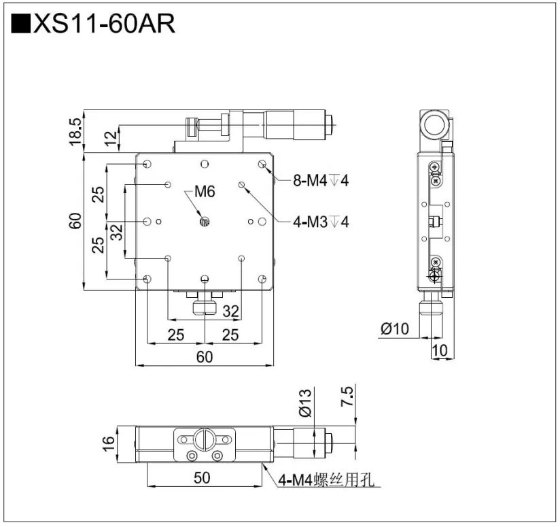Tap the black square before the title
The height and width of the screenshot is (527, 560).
pyautogui.click(x=20, y=24)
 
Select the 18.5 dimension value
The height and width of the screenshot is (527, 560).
pyautogui.click(x=75, y=131)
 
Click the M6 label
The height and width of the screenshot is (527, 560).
pyautogui.click(x=205, y=192)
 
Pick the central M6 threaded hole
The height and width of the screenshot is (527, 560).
pyautogui.click(x=204, y=220)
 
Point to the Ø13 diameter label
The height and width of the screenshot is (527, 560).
pyautogui.click(x=304, y=401)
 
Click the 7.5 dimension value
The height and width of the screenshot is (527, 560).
pyautogui.click(x=347, y=396)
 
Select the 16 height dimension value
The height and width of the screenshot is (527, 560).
pyautogui.click(x=108, y=442)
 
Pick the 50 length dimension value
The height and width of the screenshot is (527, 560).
pyautogui.click(x=201, y=477)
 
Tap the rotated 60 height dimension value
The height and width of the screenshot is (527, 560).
pyautogui.click(x=75, y=221)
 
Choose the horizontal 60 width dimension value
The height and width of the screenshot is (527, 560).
pyautogui.click(x=204, y=356)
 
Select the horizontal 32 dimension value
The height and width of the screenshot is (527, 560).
pyautogui.click(x=231, y=311)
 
